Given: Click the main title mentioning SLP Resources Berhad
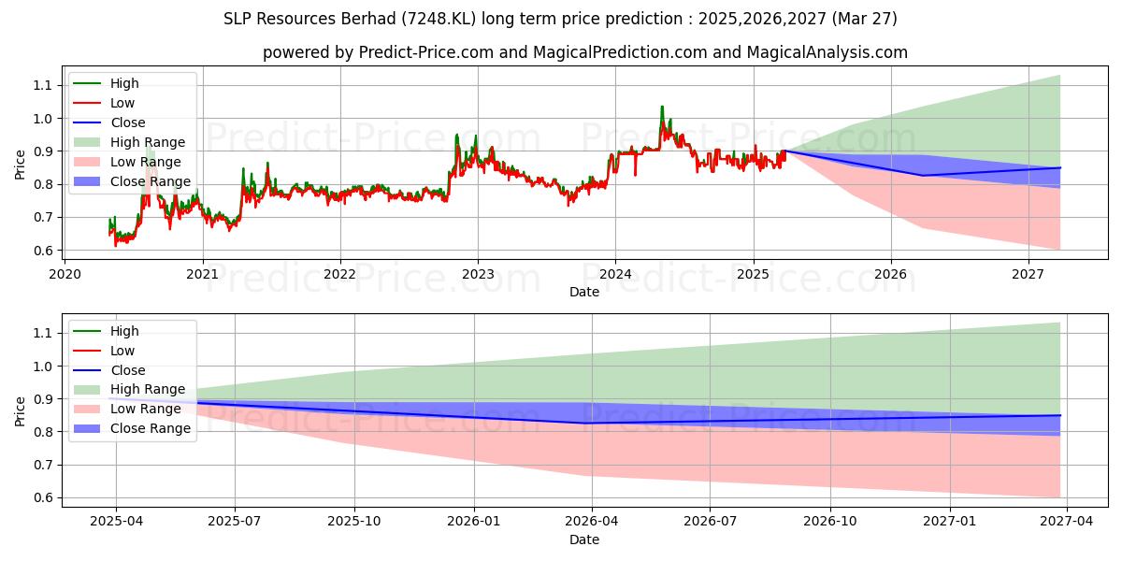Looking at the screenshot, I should point(561,18).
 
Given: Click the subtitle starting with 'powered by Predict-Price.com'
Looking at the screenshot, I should point(584,52).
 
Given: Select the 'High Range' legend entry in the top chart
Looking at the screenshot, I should point(148,142).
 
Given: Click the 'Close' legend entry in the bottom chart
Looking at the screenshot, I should point(127,370).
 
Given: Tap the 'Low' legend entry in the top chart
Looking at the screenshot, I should point(122,103).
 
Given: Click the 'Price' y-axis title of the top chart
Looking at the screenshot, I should point(20,165).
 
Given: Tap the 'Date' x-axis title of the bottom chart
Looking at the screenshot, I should point(584,539).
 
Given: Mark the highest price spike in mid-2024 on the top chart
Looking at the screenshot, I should point(662,108).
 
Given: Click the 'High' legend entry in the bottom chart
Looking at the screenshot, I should point(123,331).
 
